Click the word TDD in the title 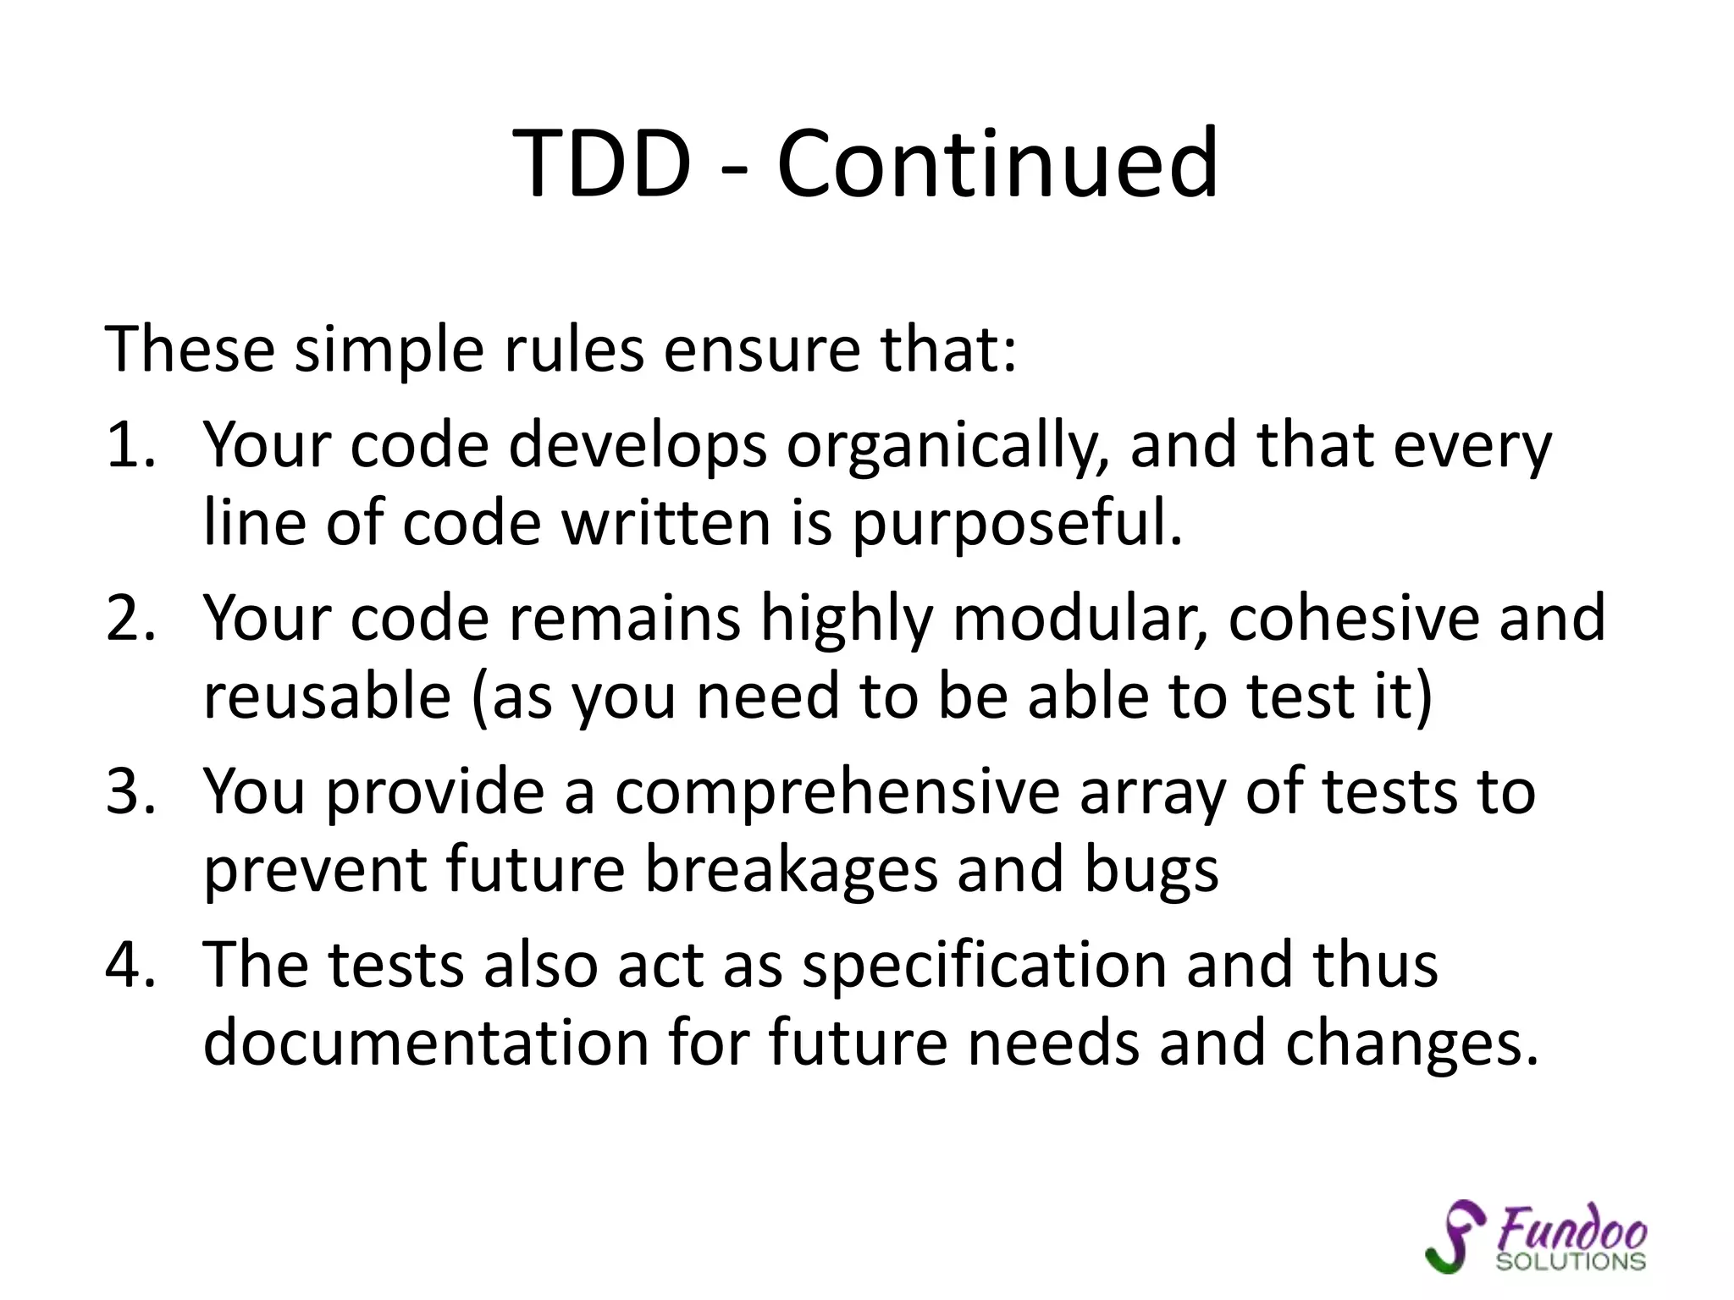coord(602,162)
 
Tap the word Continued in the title coord(997,162)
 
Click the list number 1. coord(129,445)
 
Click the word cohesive coord(1353,618)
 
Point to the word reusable coord(327,696)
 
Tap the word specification coord(984,965)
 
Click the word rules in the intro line coord(574,349)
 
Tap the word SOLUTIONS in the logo coord(1571,1262)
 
